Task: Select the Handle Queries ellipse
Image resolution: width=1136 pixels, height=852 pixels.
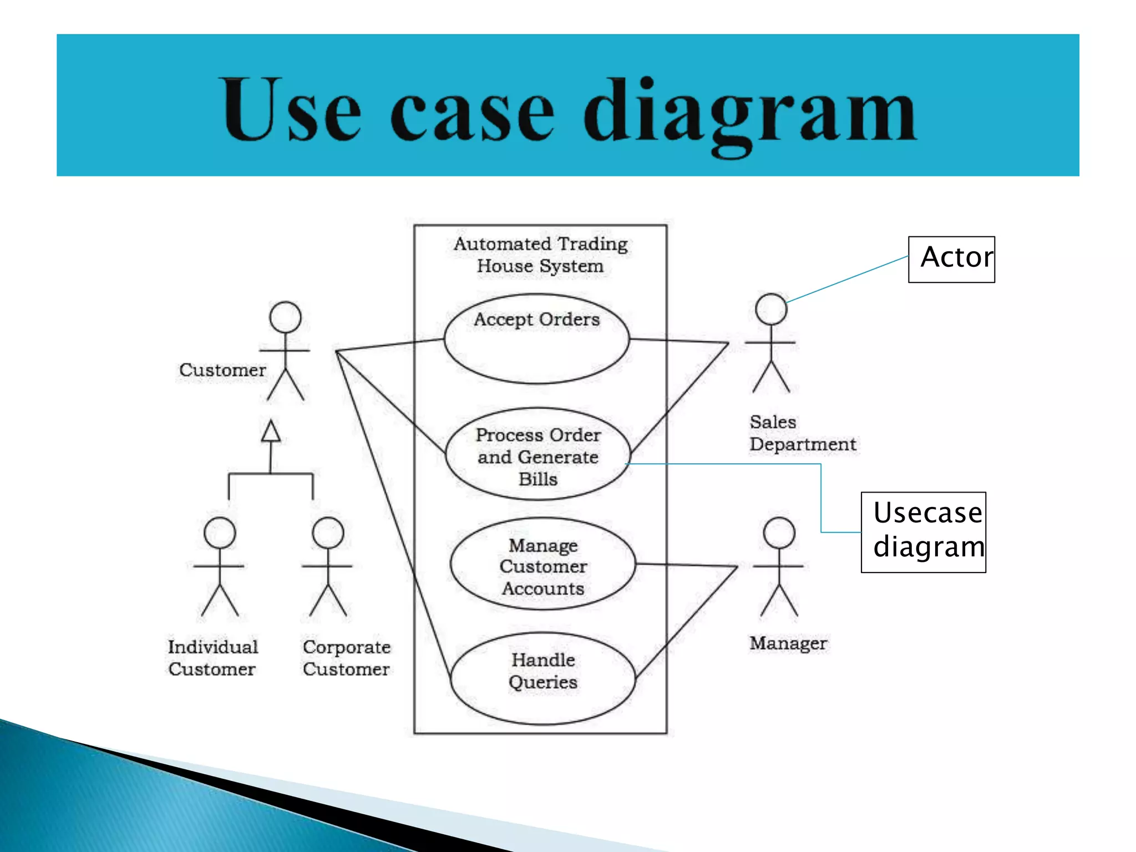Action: (x=542, y=678)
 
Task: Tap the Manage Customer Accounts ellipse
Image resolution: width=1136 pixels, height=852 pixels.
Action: (x=542, y=564)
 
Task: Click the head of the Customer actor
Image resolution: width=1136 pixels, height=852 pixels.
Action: (x=285, y=317)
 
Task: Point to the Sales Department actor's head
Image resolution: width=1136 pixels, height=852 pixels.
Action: (x=771, y=309)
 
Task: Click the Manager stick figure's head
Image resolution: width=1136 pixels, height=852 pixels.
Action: (x=779, y=533)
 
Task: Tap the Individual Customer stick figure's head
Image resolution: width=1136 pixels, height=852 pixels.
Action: (x=220, y=533)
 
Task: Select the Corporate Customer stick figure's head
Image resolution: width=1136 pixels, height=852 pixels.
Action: (x=328, y=533)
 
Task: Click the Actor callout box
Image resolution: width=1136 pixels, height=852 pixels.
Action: (x=951, y=259)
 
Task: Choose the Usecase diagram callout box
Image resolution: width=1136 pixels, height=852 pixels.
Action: (x=924, y=531)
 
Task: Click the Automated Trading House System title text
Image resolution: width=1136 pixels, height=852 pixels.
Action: (x=540, y=255)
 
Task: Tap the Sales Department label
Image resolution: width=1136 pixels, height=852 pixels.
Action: (x=802, y=433)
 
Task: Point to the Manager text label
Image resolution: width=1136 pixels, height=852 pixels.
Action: (x=788, y=643)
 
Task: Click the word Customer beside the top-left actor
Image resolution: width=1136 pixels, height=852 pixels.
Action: (x=222, y=370)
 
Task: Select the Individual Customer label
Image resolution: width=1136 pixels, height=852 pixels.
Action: (x=213, y=658)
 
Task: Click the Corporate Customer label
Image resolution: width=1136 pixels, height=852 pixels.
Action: (x=347, y=658)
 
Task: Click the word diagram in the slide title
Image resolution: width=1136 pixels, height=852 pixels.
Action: (x=749, y=111)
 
